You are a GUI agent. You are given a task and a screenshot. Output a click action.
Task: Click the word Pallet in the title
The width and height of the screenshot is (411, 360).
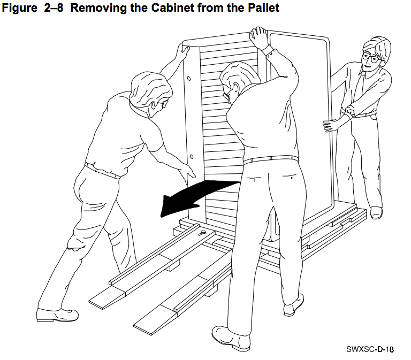pos(263,7)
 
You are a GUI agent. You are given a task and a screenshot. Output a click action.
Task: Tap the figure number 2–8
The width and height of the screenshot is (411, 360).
pos(54,7)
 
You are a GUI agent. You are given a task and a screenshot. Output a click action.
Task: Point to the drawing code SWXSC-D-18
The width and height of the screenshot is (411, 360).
pos(370,349)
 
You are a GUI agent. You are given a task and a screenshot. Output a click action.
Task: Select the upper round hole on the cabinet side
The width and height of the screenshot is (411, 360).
pos(189,79)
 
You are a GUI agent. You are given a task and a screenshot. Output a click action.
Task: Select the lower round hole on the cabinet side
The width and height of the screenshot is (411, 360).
pos(192,157)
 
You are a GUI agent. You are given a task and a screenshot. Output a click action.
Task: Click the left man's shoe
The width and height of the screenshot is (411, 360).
pos(57,315)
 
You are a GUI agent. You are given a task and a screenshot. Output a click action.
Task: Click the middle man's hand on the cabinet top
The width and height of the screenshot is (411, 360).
pos(258,37)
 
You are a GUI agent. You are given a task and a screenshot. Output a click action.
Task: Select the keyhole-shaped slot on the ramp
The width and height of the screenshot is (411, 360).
pos(203,232)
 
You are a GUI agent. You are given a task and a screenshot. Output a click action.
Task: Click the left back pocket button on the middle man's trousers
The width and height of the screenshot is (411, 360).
pos(255,180)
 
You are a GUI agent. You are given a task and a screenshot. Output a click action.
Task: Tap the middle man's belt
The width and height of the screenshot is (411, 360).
pos(271,159)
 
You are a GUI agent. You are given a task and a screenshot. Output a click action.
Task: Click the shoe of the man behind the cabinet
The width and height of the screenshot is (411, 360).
pos(376,212)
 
